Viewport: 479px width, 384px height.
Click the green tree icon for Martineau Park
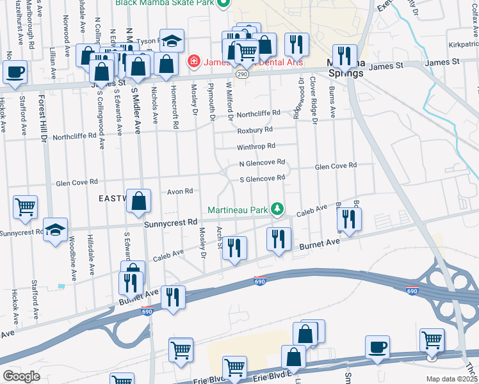277,209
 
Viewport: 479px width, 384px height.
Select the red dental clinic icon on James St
192,62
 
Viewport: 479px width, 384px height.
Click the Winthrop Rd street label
256,146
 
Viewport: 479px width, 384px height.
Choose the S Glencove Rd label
261,179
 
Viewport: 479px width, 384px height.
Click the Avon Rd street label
180,191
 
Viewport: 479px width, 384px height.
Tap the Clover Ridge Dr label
314,100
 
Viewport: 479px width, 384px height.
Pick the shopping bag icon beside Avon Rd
138,201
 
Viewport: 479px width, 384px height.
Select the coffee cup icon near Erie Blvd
377,347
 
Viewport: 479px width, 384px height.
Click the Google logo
21,376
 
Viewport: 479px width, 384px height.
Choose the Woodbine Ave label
74,258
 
